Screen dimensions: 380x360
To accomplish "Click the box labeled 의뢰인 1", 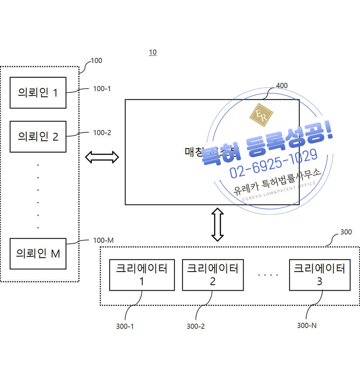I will click(38, 93).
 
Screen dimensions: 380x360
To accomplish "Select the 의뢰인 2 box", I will click(38, 137).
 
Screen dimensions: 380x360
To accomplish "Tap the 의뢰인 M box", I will click(38, 253).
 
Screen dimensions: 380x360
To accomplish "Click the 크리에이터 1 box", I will click(142, 274).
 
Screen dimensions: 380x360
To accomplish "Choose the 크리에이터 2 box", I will click(213, 274).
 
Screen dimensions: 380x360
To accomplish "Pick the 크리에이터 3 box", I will click(319, 274).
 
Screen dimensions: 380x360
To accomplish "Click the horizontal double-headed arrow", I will click(102, 157).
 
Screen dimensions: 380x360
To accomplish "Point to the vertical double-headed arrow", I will click(217, 225).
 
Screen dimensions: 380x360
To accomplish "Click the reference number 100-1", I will click(102, 89).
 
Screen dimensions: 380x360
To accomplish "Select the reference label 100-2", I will click(102, 133).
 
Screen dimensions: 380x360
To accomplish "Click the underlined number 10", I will click(153, 52).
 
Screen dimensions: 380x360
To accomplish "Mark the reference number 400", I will click(282, 86).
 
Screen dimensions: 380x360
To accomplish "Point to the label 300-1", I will click(125, 326).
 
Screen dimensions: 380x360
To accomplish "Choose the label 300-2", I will click(196, 326).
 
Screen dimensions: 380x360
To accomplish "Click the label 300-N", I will click(307, 326).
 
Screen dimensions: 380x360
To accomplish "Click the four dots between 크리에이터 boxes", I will click(268, 275).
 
